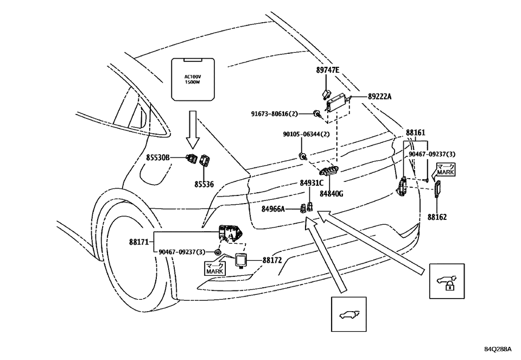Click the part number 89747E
click(x=328, y=71)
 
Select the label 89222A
click(x=379, y=96)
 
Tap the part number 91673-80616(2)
click(x=282, y=114)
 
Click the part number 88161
click(x=415, y=132)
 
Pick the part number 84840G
click(x=331, y=193)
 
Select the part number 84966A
click(x=273, y=209)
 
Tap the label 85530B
click(x=158, y=157)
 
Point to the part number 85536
click(x=204, y=185)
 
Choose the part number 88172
click(x=272, y=261)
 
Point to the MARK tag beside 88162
click(x=446, y=170)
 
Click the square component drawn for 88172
click(x=241, y=260)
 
